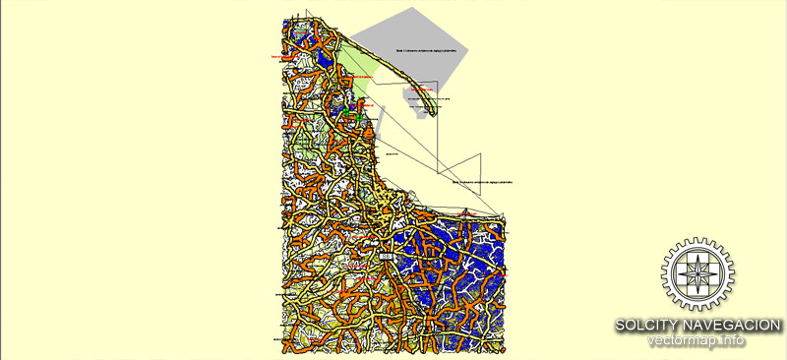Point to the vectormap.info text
click(696, 341)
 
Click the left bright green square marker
click(348, 115)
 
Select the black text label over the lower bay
click(482, 182)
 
